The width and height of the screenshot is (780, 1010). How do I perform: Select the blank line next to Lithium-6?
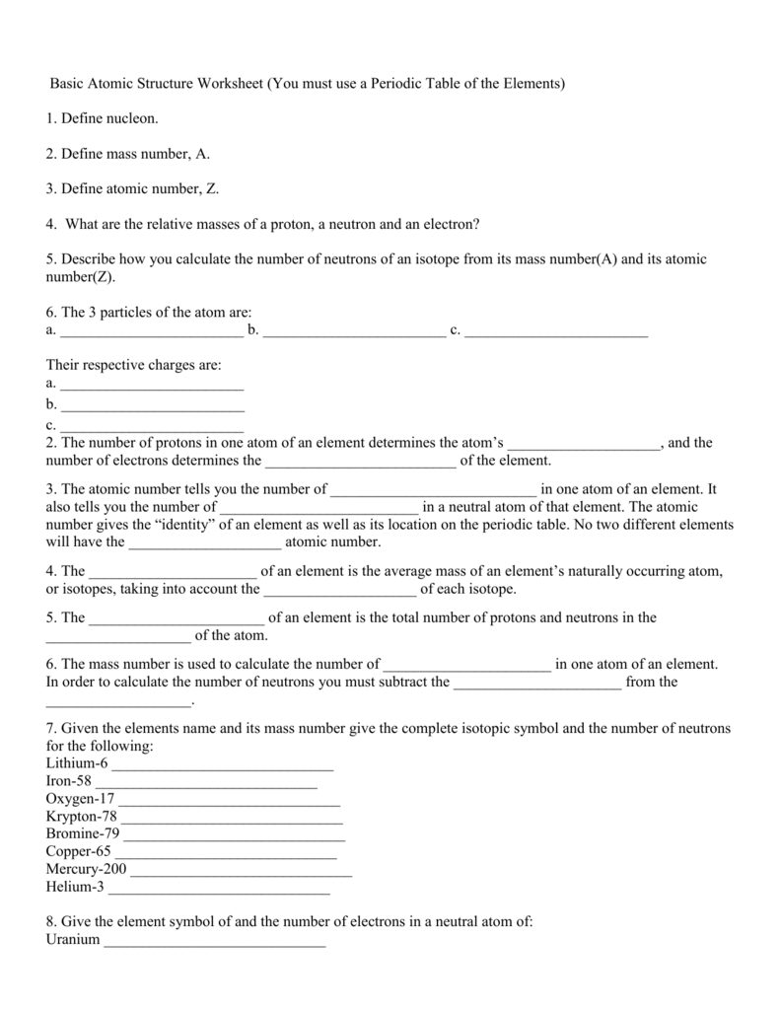[x=224, y=766]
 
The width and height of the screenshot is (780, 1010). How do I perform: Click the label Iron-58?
[x=68, y=780]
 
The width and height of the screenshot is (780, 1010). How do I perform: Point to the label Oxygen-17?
[x=80, y=798]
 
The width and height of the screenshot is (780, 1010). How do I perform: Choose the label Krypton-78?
[x=81, y=816]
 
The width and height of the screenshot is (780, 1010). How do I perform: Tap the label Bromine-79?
[x=83, y=833]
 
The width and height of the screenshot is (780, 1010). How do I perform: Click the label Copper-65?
[x=79, y=851]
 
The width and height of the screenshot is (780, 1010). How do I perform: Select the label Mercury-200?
[x=87, y=869]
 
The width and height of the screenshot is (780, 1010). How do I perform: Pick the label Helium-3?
[x=75, y=887]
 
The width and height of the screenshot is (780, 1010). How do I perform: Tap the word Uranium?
[x=73, y=939]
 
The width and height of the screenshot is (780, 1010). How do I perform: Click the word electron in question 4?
[x=451, y=224]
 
